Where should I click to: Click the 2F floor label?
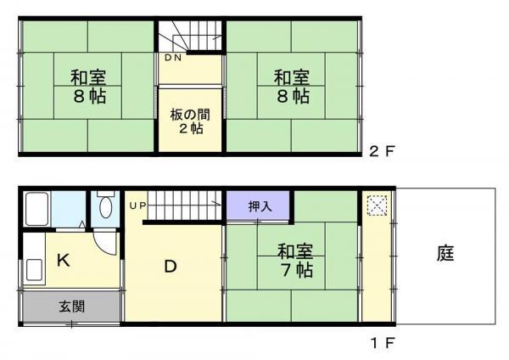382,151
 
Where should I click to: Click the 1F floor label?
383,343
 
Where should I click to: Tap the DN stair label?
173,58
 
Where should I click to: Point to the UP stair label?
138,205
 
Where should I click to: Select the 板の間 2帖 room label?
191,122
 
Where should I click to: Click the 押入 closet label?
260,206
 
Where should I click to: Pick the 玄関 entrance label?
72,307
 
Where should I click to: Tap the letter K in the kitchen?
64,261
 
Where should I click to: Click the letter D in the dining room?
171,267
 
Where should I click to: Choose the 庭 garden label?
445,253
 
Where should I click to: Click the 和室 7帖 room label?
295,261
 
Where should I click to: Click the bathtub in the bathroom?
37,209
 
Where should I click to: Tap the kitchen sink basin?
35,270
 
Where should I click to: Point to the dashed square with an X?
377,205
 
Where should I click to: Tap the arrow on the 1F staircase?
217,204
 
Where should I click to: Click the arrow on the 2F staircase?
217,37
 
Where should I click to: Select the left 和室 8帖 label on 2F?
88,87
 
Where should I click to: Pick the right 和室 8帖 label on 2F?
292,87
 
